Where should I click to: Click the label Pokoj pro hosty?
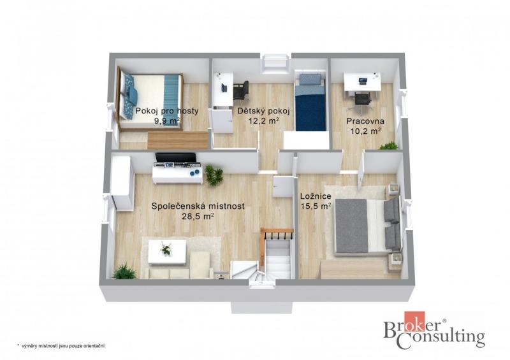[167, 111]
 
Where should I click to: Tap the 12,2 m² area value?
[263, 121]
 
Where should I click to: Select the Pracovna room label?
[365, 121]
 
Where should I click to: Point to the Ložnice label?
[316, 196]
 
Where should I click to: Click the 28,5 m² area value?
[198, 216]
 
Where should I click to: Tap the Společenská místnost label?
[198, 206]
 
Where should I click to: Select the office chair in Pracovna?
[363, 100]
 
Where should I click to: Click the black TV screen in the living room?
[176, 158]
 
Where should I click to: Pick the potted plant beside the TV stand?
[214, 175]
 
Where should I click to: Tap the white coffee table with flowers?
[167, 252]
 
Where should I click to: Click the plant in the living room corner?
[124, 271]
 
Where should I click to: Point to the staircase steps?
[277, 260]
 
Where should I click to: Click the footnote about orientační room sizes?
[61, 346]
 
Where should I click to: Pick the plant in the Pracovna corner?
[389, 146]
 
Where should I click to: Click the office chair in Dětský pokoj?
[241, 90]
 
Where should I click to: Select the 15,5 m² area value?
[316, 206]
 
